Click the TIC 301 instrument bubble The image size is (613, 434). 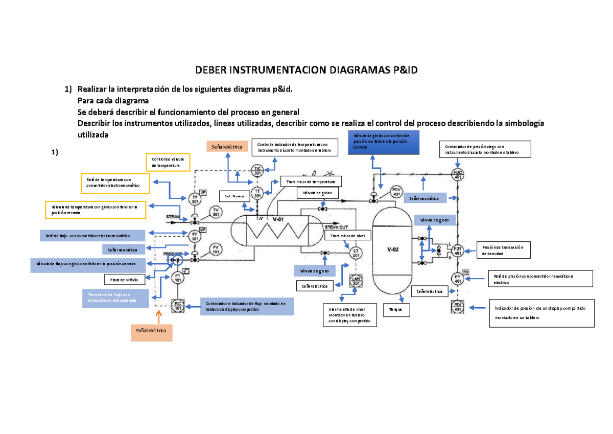point(257,171)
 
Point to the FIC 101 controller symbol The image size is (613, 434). point(178,305)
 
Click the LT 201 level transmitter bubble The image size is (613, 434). point(356,252)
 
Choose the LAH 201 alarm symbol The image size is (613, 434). point(356,281)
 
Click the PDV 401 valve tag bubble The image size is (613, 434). point(396,192)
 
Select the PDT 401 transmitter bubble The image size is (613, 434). point(458,250)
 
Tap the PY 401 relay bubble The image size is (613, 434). point(458,279)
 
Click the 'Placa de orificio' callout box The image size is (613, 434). point(124,280)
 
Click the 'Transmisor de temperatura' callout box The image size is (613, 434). point(311,182)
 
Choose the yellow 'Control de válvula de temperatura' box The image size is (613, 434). point(168,163)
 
